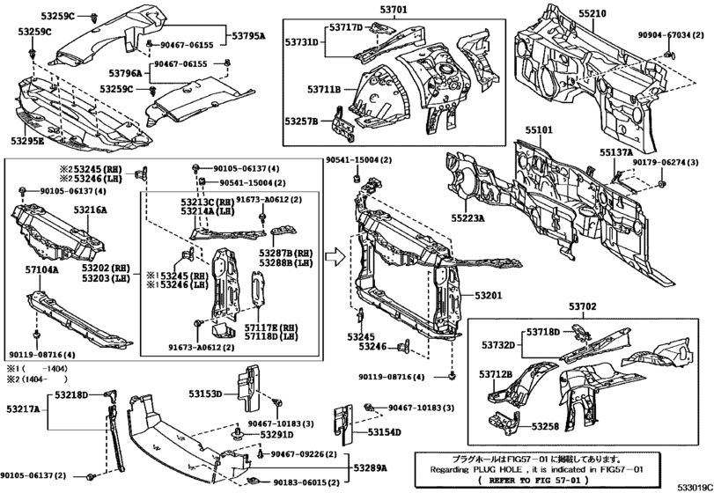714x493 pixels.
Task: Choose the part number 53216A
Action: (90, 210)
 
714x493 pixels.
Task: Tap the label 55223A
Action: (469, 217)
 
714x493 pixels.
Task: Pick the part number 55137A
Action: (617, 152)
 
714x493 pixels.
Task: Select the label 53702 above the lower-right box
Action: (582, 307)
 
